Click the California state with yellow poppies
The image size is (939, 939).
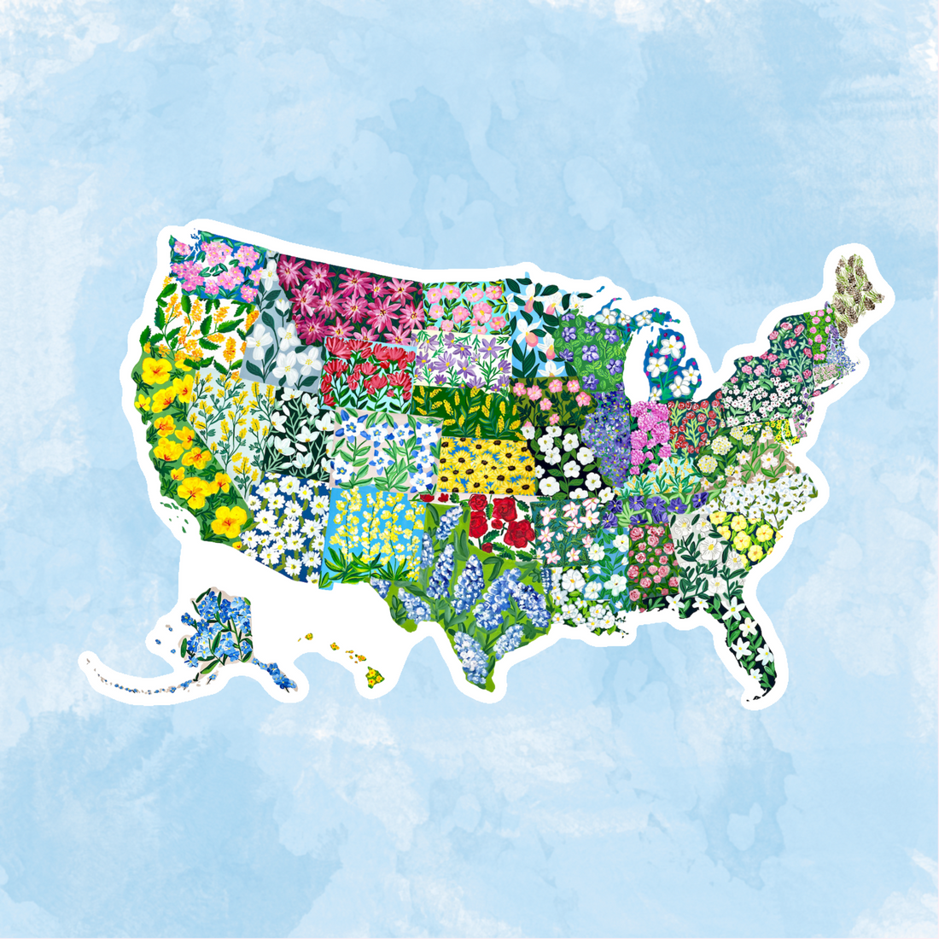(184, 444)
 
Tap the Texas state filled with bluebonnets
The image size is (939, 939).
(478, 598)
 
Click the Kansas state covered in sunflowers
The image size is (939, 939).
(487, 465)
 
